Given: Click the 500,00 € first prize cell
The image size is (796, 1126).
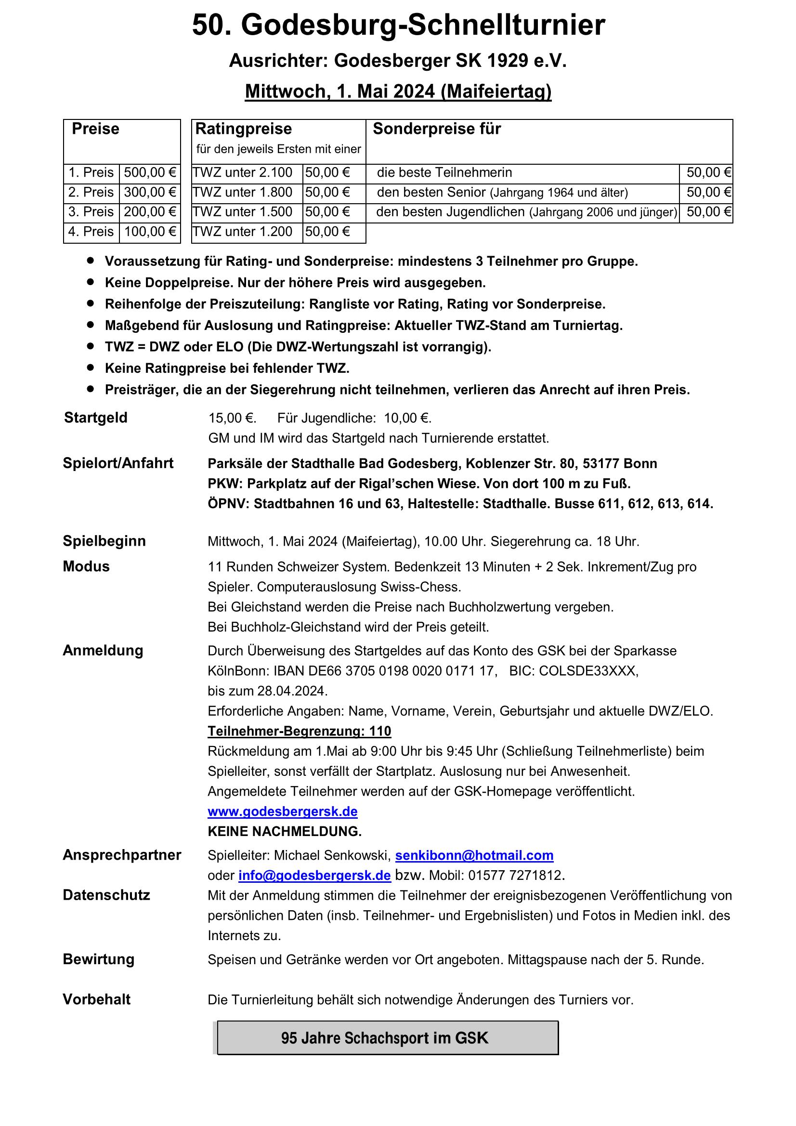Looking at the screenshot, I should tap(150, 172).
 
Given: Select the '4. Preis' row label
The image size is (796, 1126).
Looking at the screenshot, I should tap(91, 232).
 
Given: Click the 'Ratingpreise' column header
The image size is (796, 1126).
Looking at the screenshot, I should tap(244, 129).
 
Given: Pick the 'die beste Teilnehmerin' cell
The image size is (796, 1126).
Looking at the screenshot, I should tap(444, 172).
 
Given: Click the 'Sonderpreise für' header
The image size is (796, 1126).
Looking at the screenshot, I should tap(436, 129).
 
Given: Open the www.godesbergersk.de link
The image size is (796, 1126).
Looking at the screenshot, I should tap(283, 811).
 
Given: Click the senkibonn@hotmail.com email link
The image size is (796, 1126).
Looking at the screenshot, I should tap(474, 855).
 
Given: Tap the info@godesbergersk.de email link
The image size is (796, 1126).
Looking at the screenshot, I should tap(314, 876).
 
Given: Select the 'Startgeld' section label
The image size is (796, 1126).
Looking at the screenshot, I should tap(96, 418).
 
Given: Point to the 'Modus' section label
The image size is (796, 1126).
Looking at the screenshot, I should tap(86, 566).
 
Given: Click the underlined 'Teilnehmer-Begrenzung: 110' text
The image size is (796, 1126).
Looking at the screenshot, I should tap(299, 731).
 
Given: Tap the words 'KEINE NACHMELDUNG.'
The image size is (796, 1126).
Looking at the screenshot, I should tap(285, 831).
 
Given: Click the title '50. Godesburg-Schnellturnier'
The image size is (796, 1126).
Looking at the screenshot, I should tap(398, 26).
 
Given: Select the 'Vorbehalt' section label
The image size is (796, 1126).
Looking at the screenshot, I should tap(97, 999).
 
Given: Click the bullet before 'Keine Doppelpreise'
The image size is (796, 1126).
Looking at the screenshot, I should tap(90, 283).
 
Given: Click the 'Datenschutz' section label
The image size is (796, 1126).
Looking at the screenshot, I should tap(106, 895).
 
